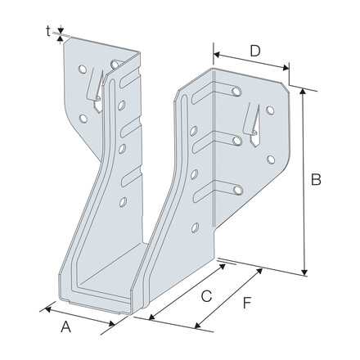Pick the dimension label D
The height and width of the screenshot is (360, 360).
click(x=255, y=51)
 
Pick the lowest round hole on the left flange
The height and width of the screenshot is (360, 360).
click(x=124, y=201)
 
